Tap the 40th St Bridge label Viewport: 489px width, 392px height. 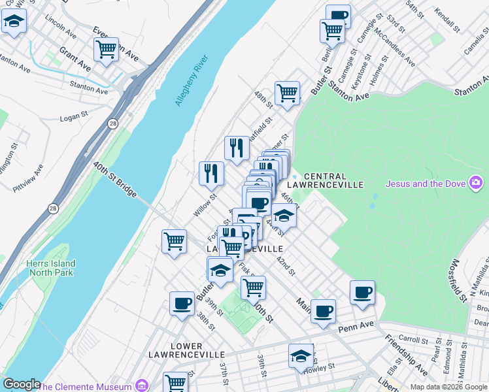[x=114, y=180]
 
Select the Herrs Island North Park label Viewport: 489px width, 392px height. [x=50, y=269]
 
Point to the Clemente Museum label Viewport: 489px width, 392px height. [x=86, y=386]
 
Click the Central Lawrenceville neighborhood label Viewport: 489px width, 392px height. [x=333, y=180]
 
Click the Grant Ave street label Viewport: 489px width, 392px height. [x=75, y=58]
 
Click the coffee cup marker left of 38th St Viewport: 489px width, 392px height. [x=182, y=302]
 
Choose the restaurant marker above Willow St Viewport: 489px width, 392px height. [x=211, y=173]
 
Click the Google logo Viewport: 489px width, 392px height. [x=22, y=384]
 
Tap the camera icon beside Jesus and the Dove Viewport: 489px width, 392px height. [x=477, y=182]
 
